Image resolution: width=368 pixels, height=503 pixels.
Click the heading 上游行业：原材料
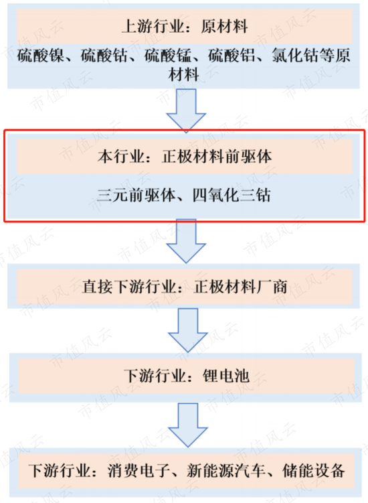pyautogui.click(x=185, y=26)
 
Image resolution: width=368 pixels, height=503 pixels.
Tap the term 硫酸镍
pyautogui.click(x=40, y=55)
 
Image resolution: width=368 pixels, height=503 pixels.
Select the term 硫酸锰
pyautogui.click(x=168, y=55)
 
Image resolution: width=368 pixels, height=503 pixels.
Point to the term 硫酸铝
pyautogui.click(x=232, y=55)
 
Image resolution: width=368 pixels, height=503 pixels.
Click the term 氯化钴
pyautogui.click(x=295, y=55)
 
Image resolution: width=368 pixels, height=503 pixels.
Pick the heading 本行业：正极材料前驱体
pyautogui.click(x=185, y=157)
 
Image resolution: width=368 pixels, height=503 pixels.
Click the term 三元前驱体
pyautogui.click(x=136, y=195)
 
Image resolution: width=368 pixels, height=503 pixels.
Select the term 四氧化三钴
pyautogui.click(x=232, y=195)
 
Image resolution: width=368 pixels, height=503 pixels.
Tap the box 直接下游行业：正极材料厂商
pyautogui.click(x=185, y=287)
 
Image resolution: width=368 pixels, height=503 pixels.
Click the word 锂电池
pyautogui.click(x=226, y=376)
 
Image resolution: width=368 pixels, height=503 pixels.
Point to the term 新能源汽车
pyautogui.click(x=226, y=471)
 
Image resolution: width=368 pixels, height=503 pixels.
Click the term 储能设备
pyautogui.click(x=313, y=471)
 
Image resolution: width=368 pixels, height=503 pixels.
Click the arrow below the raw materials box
pyautogui.click(x=186, y=111)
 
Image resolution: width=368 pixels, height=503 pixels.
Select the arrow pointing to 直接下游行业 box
pyautogui.click(x=186, y=241)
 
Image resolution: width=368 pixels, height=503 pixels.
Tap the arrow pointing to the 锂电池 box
pyautogui.click(x=188, y=330)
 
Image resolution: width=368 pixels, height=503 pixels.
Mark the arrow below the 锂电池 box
pyautogui.click(x=188, y=425)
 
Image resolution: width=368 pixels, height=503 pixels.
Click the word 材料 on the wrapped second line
pyautogui.click(x=184, y=75)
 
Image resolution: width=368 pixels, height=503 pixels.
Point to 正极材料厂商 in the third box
pyautogui.click(x=240, y=287)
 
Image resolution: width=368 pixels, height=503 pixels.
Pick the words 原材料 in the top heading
pyautogui.click(x=224, y=26)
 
